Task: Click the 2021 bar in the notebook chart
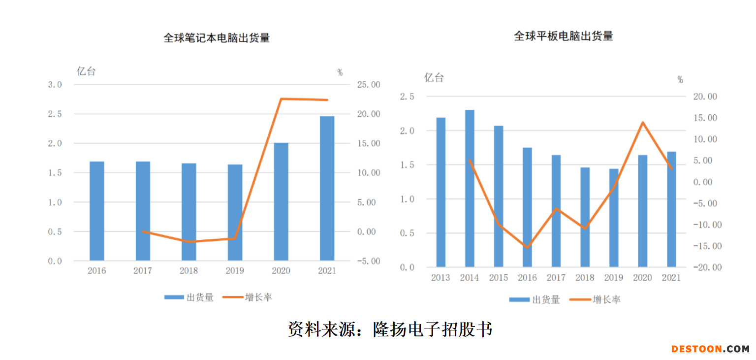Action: click(327, 188)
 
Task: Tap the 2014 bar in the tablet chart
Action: click(470, 189)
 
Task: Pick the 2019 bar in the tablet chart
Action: click(614, 218)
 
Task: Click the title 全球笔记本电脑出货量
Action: click(217, 38)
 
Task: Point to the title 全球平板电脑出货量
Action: click(564, 36)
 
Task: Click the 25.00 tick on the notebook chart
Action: click(368, 85)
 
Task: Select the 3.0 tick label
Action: click(55, 85)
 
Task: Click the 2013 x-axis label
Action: click(441, 278)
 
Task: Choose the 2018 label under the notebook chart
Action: click(189, 271)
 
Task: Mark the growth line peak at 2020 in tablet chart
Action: click(642, 122)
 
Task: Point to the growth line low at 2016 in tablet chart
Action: click(527, 247)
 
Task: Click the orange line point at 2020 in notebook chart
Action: click(281, 99)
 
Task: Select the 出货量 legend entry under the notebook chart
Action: click(189, 297)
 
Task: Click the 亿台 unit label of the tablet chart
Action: click(434, 77)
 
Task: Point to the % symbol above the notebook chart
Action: click(340, 72)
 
